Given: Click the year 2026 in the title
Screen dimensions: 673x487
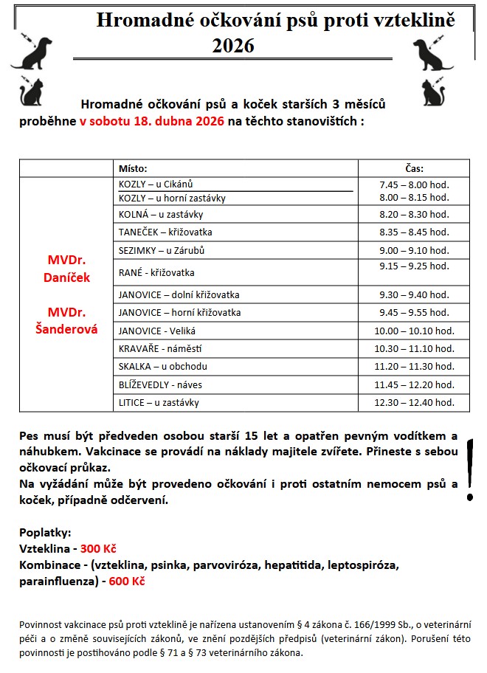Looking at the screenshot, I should pyautogui.click(x=233, y=46).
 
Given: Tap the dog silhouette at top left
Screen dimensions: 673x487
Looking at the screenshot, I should pyautogui.click(x=32, y=52).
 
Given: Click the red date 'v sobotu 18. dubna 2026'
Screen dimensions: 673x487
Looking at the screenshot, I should pyautogui.click(x=147, y=121).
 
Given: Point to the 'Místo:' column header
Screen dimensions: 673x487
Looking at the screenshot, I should pyautogui.click(x=133, y=168).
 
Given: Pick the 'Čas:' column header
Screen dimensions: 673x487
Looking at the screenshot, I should pyautogui.click(x=414, y=168).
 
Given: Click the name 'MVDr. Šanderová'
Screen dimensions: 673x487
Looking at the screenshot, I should pyautogui.click(x=67, y=320).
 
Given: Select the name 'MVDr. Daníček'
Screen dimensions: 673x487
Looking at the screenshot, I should pyautogui.click(x=68, y=269).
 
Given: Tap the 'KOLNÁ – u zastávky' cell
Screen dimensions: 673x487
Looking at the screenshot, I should pyautogui.click(x=160, y=215).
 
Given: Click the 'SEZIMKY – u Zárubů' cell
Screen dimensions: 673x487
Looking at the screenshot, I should pyautogui.click(x=161, y=250).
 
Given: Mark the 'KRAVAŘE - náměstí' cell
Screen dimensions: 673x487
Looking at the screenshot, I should pyautogui.click(x=160, y=348).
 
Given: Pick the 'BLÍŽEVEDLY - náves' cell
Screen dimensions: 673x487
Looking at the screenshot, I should pyautogui.click(x=160, y=384).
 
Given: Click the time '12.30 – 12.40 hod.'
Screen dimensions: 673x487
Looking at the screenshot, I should pyautogui.click(x=413, y=403).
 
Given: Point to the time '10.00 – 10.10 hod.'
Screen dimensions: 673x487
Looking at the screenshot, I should pyautogui.click(x=413, y=331).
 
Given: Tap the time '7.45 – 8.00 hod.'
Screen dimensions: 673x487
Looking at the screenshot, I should pyautogui.click(x=413, y=184).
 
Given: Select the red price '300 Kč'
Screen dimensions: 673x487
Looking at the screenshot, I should pyautogui.click(x=99, y=549).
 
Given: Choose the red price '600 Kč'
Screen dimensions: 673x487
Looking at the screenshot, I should pyautogui.click(x=126, y=581).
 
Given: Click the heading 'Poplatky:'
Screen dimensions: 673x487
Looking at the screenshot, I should pyautogui.click(x=45, y=533).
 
